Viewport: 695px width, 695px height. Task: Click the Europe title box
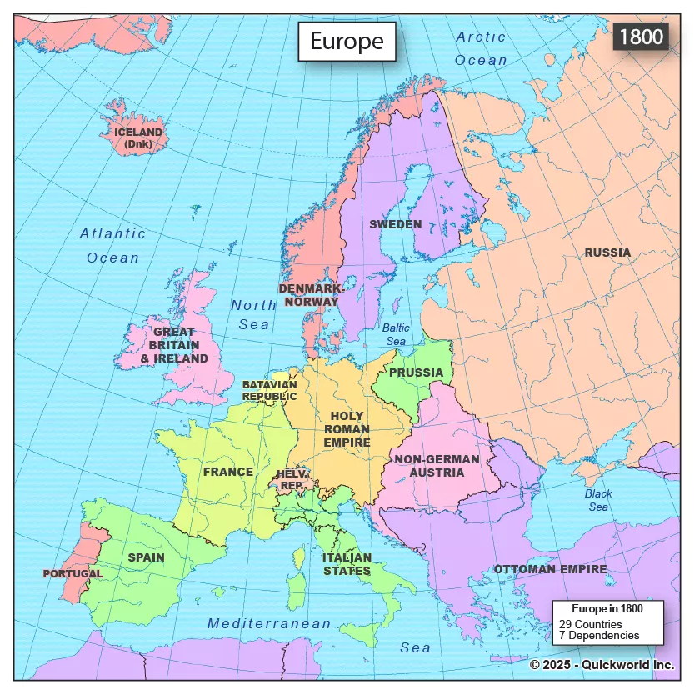[347, 42]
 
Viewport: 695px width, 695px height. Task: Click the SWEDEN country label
[395, 224]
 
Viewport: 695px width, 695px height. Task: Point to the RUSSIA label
[607, 252]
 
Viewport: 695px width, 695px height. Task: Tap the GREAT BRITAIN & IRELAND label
[174, 345]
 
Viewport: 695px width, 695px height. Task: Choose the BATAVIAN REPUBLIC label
[269, 391]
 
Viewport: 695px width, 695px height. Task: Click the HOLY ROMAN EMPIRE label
[347, 429]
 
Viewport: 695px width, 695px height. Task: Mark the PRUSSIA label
[416, 372]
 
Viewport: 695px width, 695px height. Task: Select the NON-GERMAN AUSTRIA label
[437, 466]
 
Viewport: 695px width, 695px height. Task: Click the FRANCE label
[227, 472]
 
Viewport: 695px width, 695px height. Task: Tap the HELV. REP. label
[292, 479]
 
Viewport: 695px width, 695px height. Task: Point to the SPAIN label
[146, 557]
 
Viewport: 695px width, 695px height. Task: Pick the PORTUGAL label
[72, 574]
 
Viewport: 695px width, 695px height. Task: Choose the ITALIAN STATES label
[347, 564]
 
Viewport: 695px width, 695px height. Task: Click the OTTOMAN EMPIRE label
[550, 569]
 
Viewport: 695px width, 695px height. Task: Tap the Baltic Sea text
[396, 335]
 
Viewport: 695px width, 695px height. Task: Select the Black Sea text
[598, 500]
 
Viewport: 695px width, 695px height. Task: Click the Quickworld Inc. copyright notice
[602, 665]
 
